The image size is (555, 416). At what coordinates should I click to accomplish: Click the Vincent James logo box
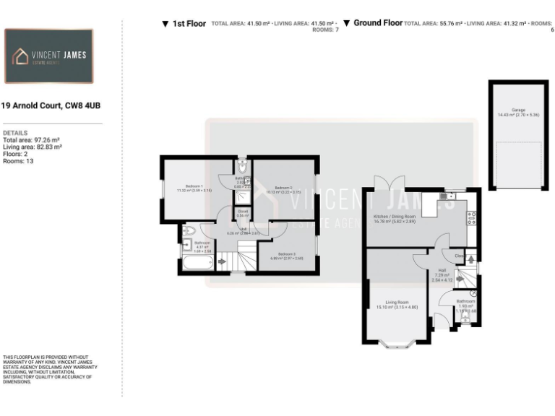pyautogui.click(x=48, y=56)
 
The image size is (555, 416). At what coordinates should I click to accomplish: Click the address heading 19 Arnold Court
pyautogui.click(x=51, y=106)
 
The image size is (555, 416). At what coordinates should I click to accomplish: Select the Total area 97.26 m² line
pyautogui.click(x=31, y=140)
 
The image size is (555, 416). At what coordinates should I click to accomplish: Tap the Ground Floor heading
pyautogui.click(x=377, y=23)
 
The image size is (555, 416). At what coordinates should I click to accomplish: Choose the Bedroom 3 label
pyautogui.click(x=287, y=253)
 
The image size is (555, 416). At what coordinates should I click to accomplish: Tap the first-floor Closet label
pyautogui.click(x=243, y=212)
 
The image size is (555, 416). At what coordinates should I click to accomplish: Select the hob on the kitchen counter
pyautogui.click(x=473, y=215)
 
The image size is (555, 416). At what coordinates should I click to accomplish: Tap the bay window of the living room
pyautogui.click(x=398, y=344)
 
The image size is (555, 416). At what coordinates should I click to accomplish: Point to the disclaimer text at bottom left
pyautogui.click(x=49, y=369)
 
